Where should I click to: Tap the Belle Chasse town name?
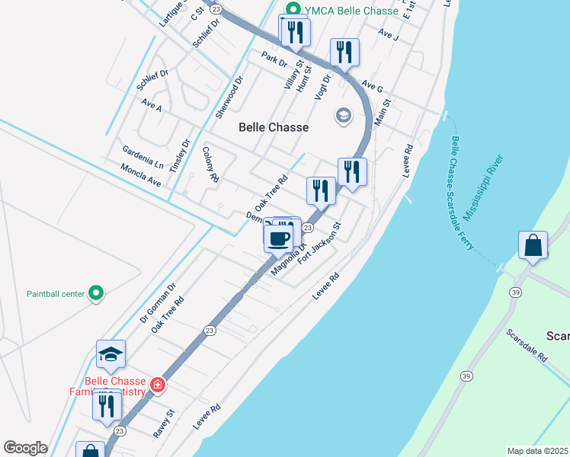tap(274, 127)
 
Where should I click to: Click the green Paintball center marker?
tap(95, 292)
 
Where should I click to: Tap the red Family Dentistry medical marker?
tap(158, 385)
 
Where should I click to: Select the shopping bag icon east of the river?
tap(533, 245)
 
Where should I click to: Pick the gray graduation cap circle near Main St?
tap(343, 117)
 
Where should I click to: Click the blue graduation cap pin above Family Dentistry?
tap(110, 354)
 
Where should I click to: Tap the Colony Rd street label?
tap(211, 165)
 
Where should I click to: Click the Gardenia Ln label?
tap(142, 158)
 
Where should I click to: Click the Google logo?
tap(25, 448)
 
